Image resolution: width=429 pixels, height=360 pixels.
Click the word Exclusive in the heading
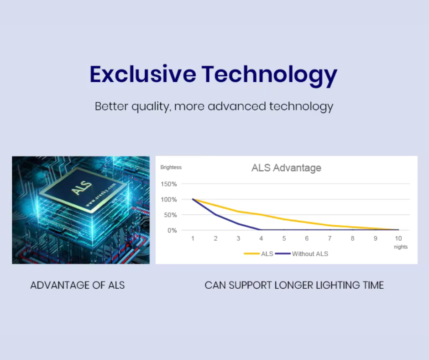pyautogui.click(x=143, y=74)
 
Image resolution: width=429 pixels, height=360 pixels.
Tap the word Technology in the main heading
pyautogui.click(x=269, y=76)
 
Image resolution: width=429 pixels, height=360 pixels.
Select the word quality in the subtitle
pyautogui.click(x=151, y=107)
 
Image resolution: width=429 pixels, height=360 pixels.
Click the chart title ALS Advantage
pyautogui.click(x=286, y=168)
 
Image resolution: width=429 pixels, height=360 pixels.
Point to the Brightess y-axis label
pyautogui.click(x=171, y=167)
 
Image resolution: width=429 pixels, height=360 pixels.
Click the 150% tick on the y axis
pyautogui.click(x=168, y=184)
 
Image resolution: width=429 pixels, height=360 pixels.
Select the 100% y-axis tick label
pyautogui.click(x=168, y=200)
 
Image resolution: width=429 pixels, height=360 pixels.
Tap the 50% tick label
pyautogui.click(x=170, y=215)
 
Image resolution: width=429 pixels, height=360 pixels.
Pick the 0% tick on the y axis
pyautogui.click(x=172, y=230)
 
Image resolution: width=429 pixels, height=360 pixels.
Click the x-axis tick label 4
pyautogui.click(x=261, y=238)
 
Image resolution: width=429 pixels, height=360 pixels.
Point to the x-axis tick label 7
pyautogui.click(x=330, y=238)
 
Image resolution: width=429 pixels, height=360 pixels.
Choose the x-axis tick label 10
pyautogui.click(x=398, y=238)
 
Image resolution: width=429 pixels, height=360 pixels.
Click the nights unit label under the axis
pyautogui.click(x=401, y=247)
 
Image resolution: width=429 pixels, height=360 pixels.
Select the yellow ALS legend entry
pyautogui.click(x=259, y=254)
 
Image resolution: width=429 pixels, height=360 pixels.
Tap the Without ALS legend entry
pyautogui.click(x=302, y=254)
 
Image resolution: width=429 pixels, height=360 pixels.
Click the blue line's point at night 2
pyautogui.click(x=215, y=215)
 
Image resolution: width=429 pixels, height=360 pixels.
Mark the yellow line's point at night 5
pyautogui.click(x=284, y=219)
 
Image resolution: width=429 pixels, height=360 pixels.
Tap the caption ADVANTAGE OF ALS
pyautogui.click(x=78, y=285)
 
